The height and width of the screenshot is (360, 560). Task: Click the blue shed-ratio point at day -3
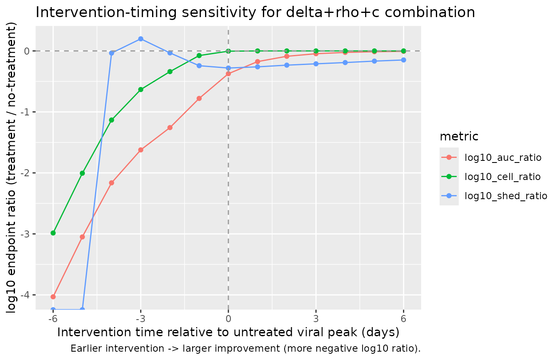pos(141,39)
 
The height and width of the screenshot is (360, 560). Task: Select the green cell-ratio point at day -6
pos(53,233)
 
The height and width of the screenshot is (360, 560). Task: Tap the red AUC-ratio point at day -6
pos(53,297)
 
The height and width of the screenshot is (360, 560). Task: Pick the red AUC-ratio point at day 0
pos(228,74)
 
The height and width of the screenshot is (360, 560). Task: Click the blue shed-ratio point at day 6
pos(403,60)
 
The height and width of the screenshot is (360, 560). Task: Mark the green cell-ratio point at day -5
pos(82,173)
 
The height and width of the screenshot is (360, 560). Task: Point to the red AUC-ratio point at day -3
pos(141,150)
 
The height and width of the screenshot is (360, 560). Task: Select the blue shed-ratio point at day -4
pos(112,53)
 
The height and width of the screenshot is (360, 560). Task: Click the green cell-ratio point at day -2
pos(170,72)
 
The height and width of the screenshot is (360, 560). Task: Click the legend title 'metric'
pos(459,137)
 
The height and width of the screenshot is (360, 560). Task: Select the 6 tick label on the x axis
pos(403,319)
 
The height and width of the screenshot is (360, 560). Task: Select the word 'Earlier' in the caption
pos(86,348)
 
